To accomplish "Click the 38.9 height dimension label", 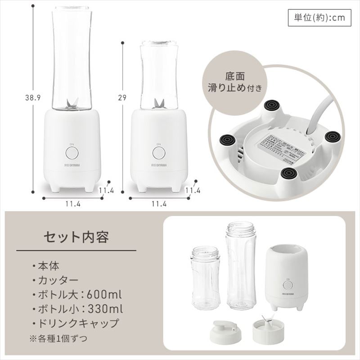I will (32, 97).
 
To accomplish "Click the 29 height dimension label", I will (122, 97).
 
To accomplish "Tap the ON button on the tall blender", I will (72, 153).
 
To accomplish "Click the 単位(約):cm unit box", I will (319, 18).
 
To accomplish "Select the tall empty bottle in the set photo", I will (240, 265).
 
